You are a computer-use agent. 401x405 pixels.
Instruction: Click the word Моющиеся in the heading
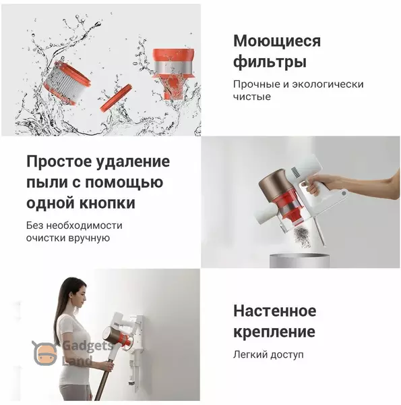point(277,41)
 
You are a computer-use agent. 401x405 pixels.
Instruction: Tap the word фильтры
point(270,62)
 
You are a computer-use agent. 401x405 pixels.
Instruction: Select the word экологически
point(328,84)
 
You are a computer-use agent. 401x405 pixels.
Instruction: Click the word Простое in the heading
point(59,161)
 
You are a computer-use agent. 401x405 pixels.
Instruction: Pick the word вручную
point(89,238)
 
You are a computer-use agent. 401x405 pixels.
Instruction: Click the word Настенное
point(275,310)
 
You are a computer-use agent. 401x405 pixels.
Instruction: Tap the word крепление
point(274,332)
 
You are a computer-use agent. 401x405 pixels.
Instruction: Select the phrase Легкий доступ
point(268,355)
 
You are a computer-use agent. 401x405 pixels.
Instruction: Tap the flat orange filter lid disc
point(116,98)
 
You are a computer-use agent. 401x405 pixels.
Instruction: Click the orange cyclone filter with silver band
point(173,72)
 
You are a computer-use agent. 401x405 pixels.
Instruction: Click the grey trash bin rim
point(299,256)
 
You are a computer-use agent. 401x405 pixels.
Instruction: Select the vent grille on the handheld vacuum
point(296,172)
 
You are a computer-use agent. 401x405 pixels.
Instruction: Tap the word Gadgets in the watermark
point(88,346)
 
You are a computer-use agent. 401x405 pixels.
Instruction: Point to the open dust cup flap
point(319,232)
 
